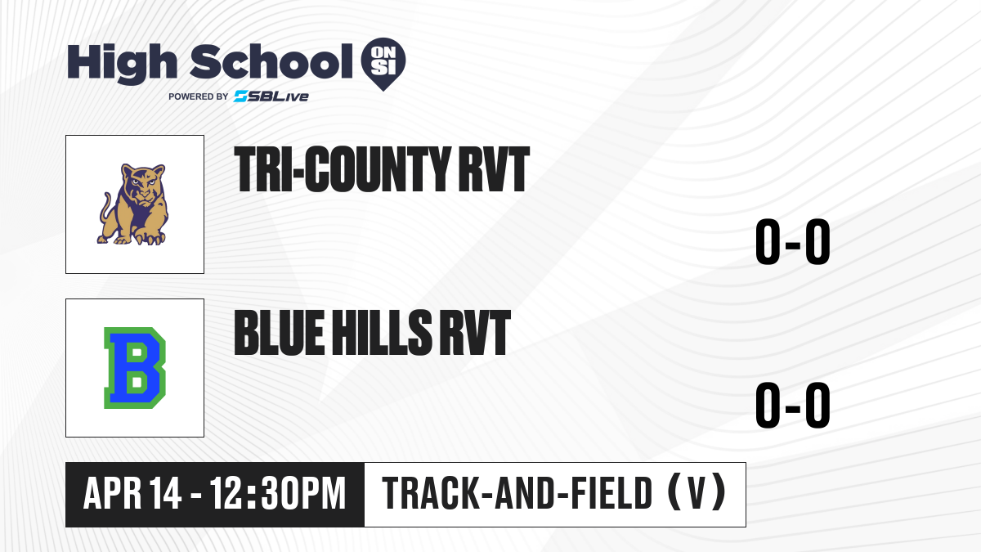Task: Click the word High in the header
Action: (x=123, y=63)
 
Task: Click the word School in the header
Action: (x=271, y=61)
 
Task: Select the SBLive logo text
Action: (x=271, y=96)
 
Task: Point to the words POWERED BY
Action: (x=199, y=96)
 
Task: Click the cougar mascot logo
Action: (x=133, y=204)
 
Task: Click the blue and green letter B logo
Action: (x=134, y=368)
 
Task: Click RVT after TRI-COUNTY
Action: (x=494, y=169)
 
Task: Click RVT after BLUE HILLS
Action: (x=475, y=333)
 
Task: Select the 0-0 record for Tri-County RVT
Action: (x=793, y=242)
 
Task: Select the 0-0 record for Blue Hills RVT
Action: (x=793, y=405)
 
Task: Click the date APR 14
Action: (x=132, y=493)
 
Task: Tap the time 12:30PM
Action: (x=278, y=493)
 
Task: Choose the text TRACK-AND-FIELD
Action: (x=517, y=493)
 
